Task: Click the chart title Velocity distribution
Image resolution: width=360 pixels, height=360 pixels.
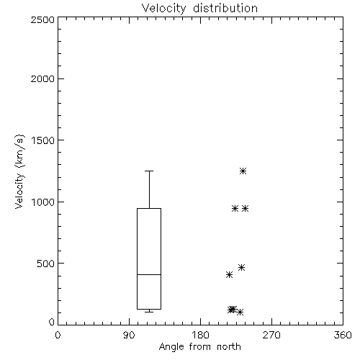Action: pos(199,9)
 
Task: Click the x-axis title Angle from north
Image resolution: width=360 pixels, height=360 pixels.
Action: pos(199,347)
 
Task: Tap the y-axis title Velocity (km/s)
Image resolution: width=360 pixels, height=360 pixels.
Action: pos(19,171)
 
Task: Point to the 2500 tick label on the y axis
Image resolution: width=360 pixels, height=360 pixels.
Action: pos(42,19)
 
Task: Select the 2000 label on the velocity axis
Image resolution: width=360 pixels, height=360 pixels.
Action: pos(42,78)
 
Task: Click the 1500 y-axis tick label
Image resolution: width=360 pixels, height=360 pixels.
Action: pos(43,140)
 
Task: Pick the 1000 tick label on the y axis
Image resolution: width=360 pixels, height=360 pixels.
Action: pos(43,202)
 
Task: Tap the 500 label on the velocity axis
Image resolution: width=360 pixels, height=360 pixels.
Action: pos(46,264)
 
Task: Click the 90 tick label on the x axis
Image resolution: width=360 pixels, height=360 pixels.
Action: pos(129,335)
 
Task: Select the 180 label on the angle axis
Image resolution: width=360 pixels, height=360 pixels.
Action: pos(200,335)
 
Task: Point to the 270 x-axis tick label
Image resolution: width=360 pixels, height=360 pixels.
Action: pos(271,335)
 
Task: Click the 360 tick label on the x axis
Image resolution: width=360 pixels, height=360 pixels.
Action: pos(343,335)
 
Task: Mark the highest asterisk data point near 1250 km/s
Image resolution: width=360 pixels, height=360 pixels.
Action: pos(243,171)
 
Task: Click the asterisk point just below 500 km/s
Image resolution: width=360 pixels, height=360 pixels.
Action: pos(241,267)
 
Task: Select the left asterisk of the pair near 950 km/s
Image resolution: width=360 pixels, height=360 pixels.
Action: pos(235,208)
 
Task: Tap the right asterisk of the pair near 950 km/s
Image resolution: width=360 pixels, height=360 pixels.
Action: pos(245,208)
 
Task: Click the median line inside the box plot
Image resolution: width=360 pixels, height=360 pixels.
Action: pos(149,274)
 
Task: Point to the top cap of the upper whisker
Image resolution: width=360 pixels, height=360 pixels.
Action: pos(149,171)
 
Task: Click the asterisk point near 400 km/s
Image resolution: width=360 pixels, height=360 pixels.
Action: pos(229,274)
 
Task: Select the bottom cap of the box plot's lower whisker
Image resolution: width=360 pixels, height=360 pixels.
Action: pos(149,312)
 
